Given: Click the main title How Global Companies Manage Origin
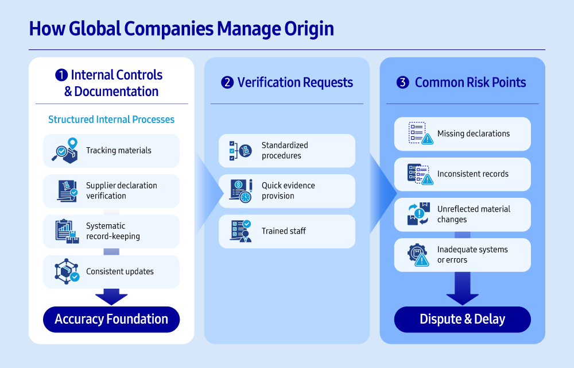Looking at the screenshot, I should (x=181, y=29).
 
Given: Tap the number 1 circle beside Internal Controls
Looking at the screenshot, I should (x=61, y=75).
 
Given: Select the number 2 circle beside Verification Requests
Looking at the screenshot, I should (x=227, y=83).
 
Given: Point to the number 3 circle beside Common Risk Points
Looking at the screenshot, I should (x=403, y=83).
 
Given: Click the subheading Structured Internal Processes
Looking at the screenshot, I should (x=111, y=120).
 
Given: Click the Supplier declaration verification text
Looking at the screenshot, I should (x=121, y=190).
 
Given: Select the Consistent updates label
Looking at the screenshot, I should (x=119, y=271).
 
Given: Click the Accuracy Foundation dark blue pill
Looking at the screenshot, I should (x=111, y=319).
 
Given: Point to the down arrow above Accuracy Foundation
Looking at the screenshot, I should (x=111, y=297).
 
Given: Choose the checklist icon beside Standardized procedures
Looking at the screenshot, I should (x=240, y=151).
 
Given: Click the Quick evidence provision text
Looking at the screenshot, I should (x=288, y=190).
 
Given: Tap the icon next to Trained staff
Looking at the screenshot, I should (x=240, y=231).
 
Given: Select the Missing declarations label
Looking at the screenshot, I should (x=473, y=133).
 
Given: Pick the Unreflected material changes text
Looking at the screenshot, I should (x=473, y=214).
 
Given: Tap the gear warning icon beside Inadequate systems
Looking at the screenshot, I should (x=419, y=255).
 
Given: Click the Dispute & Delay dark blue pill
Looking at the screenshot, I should (x=462, y=319).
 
